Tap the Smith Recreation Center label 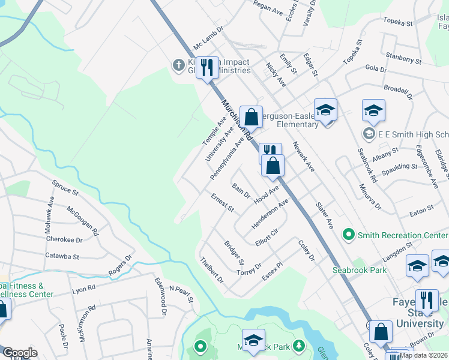coord(403,235)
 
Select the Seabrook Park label coord(360,270)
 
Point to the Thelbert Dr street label coord(212,271)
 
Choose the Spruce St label coord(65,187)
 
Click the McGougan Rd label coord(83,219)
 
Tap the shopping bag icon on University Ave coord(251,116)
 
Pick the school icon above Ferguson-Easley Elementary coord(325,109)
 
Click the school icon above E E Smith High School coord(373,110)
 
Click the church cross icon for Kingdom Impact coord(178,65)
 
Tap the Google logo coord(20,353)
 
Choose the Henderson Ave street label coord(270,214)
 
